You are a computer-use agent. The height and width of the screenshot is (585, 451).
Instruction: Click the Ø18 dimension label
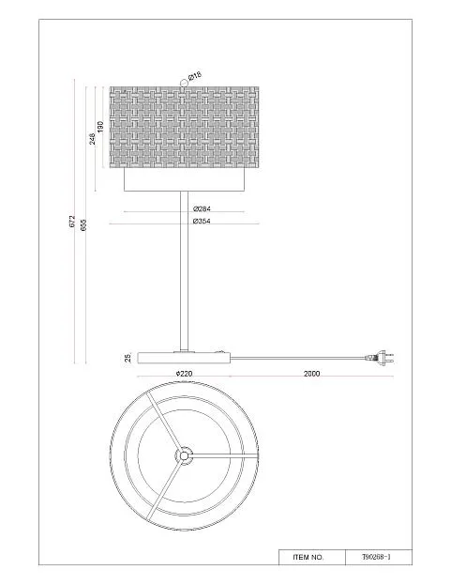pos(194,76)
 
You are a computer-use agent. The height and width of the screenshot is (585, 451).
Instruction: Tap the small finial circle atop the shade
pos(183,83)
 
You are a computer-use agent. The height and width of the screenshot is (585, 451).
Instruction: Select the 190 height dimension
pos(99,127)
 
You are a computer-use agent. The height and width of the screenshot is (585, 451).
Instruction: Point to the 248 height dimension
pos(92,138)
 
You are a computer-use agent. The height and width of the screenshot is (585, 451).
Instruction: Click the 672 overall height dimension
pos(72,221)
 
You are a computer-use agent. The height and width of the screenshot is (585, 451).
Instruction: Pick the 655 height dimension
pos(83,224)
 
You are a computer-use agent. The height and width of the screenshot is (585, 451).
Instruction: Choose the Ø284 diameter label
pos(202,208)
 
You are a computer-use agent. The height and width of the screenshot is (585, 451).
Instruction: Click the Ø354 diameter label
pos(202,221)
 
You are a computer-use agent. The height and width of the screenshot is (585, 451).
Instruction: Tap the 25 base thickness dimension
pos(128,358)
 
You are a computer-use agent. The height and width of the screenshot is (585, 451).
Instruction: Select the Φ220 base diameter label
pos(184,374)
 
